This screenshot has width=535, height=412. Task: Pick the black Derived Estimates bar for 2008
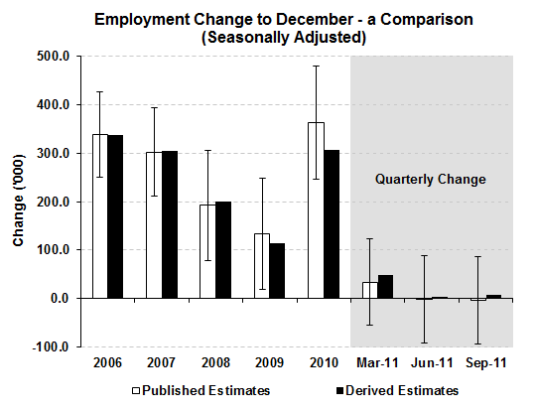(223, 249)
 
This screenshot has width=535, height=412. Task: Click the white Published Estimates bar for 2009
(262, 265)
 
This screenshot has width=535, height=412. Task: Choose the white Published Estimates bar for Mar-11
(369, 290)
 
